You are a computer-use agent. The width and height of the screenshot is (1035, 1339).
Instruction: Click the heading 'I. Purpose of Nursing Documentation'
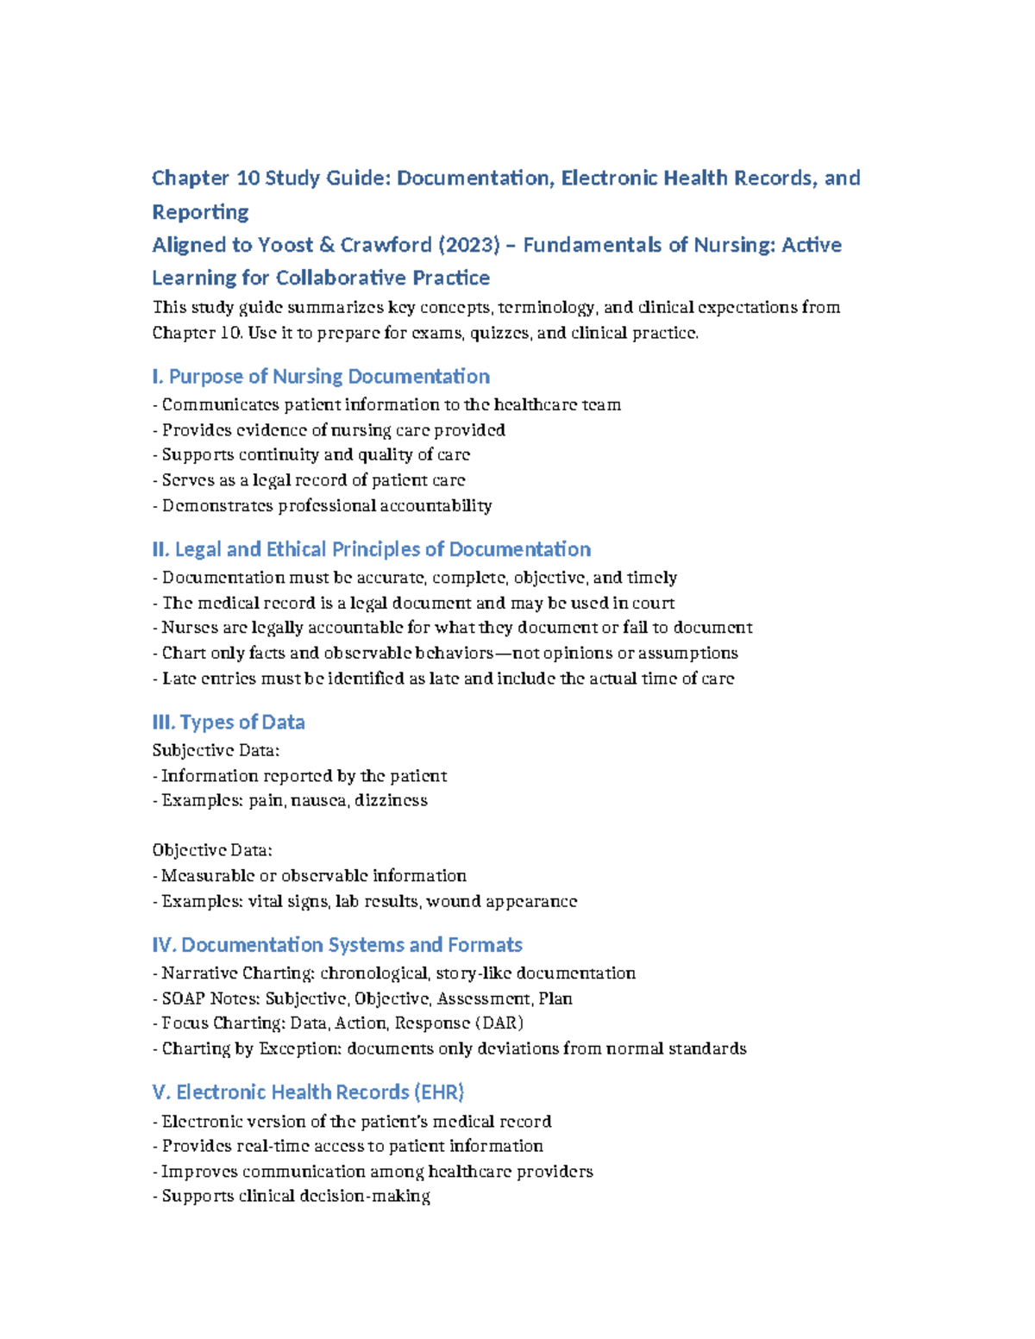[x=321, y=377]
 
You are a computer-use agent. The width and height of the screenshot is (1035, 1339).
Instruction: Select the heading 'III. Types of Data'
[x=229, y=723]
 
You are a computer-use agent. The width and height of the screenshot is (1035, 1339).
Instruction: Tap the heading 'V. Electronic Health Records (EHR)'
[x=308, y=1092]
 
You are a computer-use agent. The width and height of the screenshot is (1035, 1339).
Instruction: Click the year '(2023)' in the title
[x=468, y=246]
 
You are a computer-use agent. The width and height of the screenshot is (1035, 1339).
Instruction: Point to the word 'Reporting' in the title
[x=200, y=212]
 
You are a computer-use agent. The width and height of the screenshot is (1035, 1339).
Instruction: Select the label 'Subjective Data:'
[x=216, y=751]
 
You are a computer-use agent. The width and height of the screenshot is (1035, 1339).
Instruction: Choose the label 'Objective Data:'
[x=212, y=851]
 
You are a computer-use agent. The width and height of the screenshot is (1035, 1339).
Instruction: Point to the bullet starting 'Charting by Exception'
[x=448, y=1049]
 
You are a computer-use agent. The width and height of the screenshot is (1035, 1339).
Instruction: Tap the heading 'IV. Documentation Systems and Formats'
[x=337, y=946]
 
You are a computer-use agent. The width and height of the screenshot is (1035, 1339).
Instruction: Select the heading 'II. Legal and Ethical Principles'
[x=372, y=550]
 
